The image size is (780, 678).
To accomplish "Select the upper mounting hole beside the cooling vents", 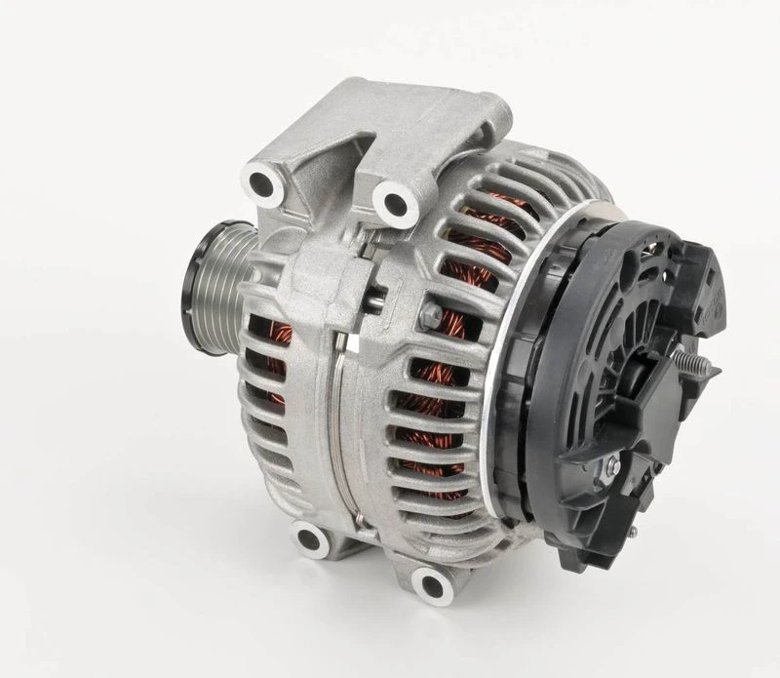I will tap(394, 204).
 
